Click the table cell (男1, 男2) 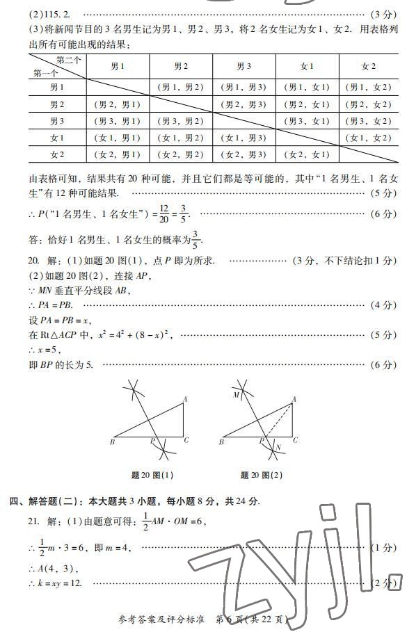click(x=180, y=88)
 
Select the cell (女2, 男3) click(x=244, y=154)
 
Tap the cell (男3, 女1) click(x=307, y=121)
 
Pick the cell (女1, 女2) click(x=369, y=138)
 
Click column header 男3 click(x=244, y=66)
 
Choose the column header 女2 click(x=368, y=66)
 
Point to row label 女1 click(x=57, y=138)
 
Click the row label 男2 click(x=57, y=104)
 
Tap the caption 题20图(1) click(x=152, y=476)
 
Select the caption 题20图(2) click(x=262, y=476)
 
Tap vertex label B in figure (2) click(x=222, y=441)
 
